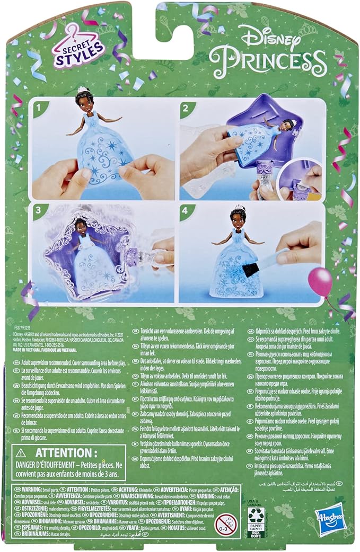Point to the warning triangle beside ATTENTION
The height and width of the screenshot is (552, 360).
pyautogui.click(x=21, y=453)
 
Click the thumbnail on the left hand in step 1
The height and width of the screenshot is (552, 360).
pyautogui.click(x=84, y=173)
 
